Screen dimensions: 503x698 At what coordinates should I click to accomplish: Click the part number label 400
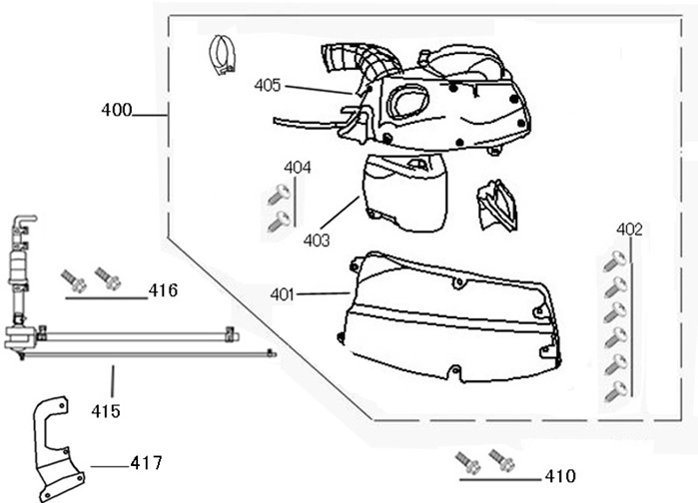click(117, 111)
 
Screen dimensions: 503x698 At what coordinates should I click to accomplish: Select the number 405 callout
click(267, 86)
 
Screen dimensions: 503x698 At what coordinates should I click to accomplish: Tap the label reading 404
click(298, 167)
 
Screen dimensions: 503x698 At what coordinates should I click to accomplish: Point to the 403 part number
click(317, 240)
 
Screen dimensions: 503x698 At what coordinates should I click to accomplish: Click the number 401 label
click(284, 294)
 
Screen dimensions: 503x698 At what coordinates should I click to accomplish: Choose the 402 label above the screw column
click(629, 230)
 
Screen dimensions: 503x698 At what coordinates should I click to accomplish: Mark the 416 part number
click(163, 290)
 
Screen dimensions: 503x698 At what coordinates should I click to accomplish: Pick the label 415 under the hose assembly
click(106, 410)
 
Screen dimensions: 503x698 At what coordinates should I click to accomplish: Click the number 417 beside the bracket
click(146, 462)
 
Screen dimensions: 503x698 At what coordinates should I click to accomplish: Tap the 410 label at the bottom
click(560, 475)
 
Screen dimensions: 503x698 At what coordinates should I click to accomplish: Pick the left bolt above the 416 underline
click(72, 276)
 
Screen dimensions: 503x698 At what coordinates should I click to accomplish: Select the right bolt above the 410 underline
click(501, 461)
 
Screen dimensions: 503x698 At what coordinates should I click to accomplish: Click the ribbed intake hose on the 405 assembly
click(349, 61)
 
